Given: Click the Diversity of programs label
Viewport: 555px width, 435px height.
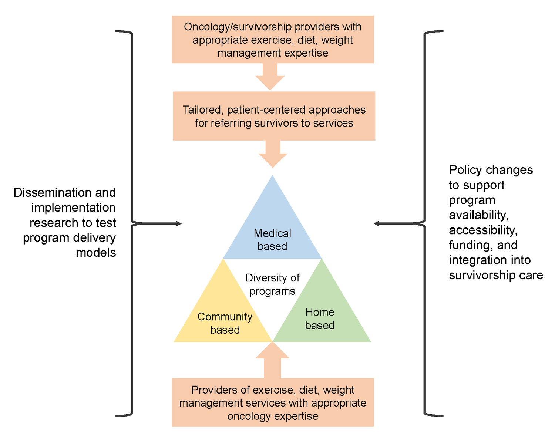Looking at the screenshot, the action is [272, 284].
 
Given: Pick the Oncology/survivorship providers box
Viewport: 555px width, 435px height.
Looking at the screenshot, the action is [273, 39].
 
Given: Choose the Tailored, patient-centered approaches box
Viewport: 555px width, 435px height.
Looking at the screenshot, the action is [274, 116].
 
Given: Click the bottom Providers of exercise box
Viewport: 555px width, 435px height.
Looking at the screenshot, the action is [273, 402].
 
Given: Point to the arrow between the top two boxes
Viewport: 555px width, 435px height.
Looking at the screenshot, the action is [270, 77].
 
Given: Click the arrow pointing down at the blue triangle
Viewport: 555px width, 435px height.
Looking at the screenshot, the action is [273, 154].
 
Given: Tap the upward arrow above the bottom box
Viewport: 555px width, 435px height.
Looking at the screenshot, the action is [272, 360].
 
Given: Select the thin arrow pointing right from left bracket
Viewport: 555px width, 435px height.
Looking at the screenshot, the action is [156, 224].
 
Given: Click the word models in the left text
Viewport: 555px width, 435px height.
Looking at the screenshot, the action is [96, 253].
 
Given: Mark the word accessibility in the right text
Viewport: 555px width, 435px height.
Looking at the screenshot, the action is [483, 230].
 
